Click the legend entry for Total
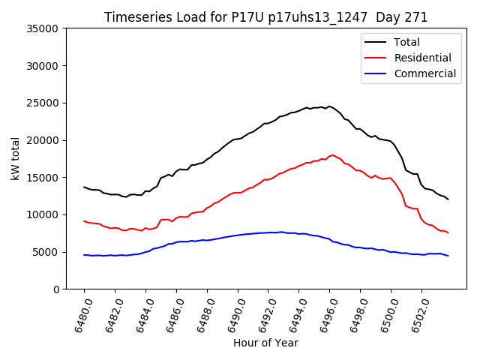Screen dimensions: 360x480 [x=406, y=42]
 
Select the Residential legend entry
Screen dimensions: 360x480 [x=422, y=58]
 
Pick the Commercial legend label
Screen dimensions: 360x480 [x=424, y=73]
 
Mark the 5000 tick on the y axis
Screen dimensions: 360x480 [x=47, y=252]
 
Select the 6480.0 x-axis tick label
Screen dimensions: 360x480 [x=79, y=314]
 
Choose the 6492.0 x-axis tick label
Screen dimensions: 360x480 [x=263, y=314]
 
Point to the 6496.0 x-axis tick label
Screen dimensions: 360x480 [x=325, y=314]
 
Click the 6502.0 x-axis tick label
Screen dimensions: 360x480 [x=417, y=314]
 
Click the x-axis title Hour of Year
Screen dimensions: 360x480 [x=265, y=343]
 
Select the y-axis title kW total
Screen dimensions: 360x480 [x=16, y=158]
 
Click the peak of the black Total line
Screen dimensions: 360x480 [x=328, y=106]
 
